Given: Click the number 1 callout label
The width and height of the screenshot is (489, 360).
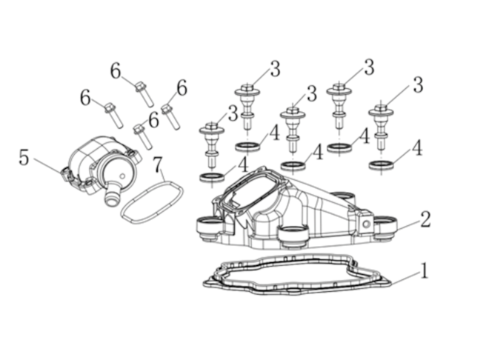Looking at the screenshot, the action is click(x=424, y=270).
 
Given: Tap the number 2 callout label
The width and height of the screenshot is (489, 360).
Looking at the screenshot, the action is click(x=425, y=219).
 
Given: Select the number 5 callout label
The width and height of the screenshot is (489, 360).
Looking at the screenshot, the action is click(x=24, y=157).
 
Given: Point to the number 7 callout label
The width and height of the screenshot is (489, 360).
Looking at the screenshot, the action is click(x=159, y=164).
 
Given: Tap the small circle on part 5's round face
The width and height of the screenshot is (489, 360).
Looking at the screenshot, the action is click(x=122, y=176).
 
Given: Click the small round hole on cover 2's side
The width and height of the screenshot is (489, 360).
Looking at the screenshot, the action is click(x=367, y=224).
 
